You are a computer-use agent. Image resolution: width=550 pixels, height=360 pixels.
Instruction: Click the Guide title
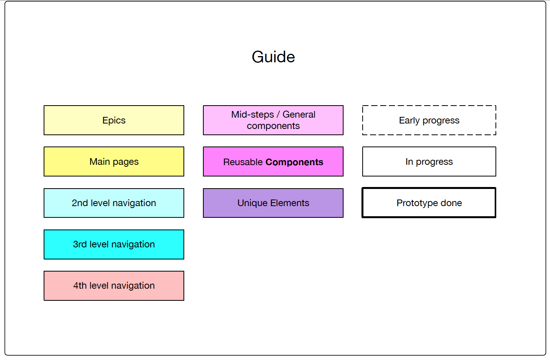(273, 57)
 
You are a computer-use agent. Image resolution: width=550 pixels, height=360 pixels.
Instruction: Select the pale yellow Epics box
(114, 120)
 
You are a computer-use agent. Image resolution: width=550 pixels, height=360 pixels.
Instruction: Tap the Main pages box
(114, 162)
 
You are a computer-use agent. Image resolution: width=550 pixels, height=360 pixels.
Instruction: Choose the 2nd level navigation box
(114, 203)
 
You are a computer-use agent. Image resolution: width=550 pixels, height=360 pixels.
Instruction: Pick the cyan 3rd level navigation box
(114, 244)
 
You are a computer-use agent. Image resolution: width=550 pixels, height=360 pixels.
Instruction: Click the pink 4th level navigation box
(114, 286)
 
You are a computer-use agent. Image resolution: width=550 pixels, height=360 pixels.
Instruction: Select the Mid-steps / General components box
(273, 120)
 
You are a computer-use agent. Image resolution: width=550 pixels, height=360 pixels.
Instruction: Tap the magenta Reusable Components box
(273, 162)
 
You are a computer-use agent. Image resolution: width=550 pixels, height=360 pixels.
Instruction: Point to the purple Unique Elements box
(273, 203)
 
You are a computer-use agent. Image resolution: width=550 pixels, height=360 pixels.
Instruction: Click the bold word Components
(294, 162)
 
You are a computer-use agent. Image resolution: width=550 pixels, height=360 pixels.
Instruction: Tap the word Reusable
(243, 162)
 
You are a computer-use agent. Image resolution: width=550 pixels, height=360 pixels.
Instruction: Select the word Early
(409, 120)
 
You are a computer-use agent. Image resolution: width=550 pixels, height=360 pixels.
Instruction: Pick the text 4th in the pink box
(80, 286)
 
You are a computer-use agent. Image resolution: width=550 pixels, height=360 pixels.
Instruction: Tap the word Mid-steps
(253, 115)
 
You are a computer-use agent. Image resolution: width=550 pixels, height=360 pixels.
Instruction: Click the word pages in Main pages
(126, 162)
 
